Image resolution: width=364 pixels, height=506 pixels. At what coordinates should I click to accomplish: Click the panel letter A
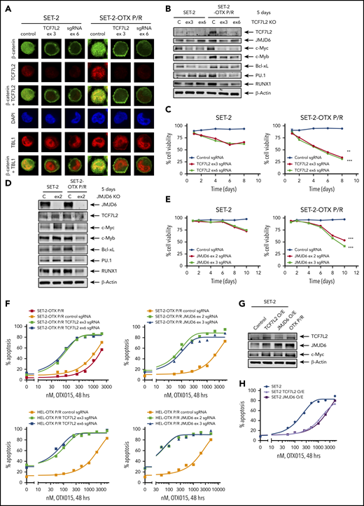click(7, 6)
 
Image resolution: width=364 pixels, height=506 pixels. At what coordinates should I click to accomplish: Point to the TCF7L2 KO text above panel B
click(335, 21)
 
